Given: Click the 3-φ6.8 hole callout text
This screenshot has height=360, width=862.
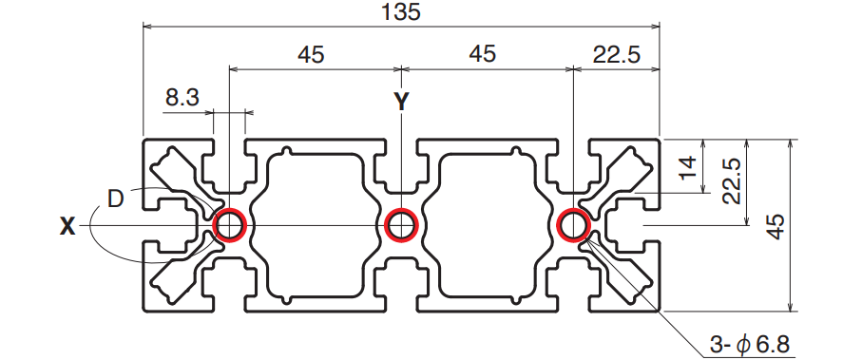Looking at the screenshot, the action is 749,345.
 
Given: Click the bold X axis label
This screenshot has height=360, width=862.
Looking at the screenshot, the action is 67,226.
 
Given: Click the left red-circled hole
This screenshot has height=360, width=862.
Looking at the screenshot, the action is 230,225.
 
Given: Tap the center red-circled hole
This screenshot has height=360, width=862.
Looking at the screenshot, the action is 401,225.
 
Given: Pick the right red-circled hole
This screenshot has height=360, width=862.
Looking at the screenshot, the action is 573,225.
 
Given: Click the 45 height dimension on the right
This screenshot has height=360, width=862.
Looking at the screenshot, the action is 776,225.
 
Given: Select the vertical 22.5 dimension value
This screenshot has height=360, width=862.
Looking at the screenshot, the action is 732,181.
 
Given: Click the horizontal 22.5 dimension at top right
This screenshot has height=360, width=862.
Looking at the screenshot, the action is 616,54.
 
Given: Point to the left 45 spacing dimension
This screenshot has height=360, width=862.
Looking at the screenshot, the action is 311,54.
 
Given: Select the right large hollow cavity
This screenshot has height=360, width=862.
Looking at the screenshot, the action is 488,225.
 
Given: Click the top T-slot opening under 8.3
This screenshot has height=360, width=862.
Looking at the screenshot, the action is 230,165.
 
